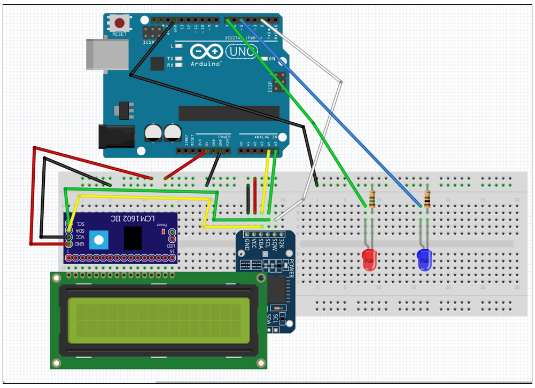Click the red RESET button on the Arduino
click(x=120, y=23)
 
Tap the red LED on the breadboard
click(x=369, y=260)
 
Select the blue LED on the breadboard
click(x=424, y=260)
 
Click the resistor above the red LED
click(x=372, y=198)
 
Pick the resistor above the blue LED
click(x=427, y=198)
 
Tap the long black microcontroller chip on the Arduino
click(x=229, y=113)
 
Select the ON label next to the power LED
click(x=272, y=59)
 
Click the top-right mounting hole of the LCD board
click(x=260, y=278)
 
